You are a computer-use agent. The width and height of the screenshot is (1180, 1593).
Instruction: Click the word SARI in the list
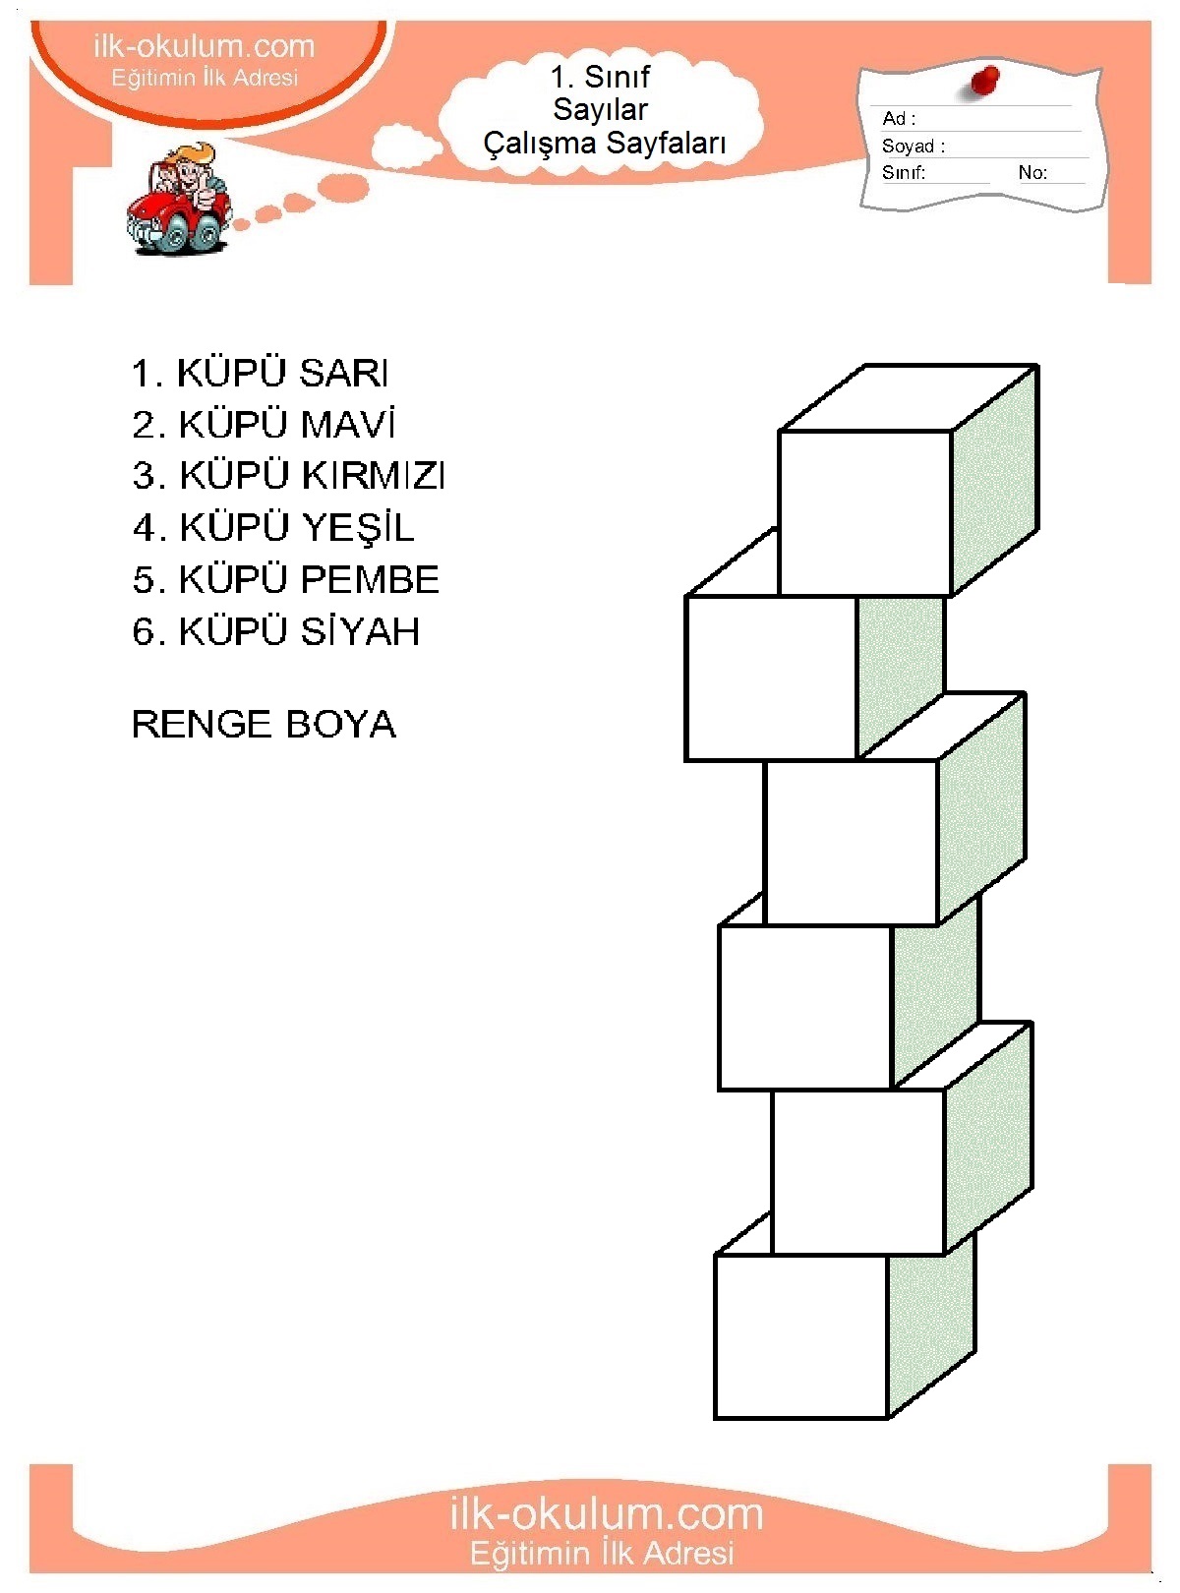(344, 374)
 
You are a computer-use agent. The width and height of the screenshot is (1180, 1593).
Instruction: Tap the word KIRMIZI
(374, 476)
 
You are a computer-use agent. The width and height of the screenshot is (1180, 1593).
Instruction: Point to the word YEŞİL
(358, 528)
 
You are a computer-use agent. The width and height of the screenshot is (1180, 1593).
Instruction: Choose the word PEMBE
(370, 579)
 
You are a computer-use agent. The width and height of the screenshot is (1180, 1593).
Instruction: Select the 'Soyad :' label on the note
(914, 147)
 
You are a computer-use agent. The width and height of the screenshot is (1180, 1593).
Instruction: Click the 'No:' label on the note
(1032, 173)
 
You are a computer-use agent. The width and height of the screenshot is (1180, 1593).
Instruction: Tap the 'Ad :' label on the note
(899, 119)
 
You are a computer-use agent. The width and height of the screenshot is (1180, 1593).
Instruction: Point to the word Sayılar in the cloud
(600, 109)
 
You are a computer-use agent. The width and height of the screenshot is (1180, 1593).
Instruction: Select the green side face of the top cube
(995, 482)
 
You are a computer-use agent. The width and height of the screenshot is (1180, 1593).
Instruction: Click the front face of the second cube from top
(770, 678)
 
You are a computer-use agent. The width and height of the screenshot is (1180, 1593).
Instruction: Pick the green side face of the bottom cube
(930, 1327)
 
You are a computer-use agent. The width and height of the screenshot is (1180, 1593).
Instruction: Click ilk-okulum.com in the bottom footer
(606, 1513)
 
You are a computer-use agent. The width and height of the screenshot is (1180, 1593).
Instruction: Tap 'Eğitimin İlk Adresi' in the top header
(205, 78)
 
